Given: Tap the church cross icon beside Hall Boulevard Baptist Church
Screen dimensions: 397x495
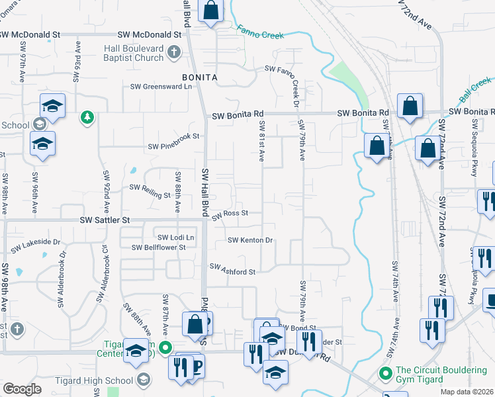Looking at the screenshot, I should click(x=174, y=52).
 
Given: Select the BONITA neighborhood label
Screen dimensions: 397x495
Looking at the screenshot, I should click(x=200, y=77).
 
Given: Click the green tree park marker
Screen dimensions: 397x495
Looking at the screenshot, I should click(x=86, y=118).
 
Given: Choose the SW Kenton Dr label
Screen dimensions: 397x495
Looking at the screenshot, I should click(x=250, y=240).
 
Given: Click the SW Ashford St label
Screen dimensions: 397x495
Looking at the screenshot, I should click(x=232, y=271).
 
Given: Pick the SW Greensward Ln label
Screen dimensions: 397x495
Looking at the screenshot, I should click(x=161, y=86).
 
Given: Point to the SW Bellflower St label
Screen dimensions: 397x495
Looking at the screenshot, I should click(x=158, y=247).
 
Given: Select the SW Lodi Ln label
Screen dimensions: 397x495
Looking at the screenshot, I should click(x=175, y=238).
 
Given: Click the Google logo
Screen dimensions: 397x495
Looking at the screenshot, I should click(x=22, y=389).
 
